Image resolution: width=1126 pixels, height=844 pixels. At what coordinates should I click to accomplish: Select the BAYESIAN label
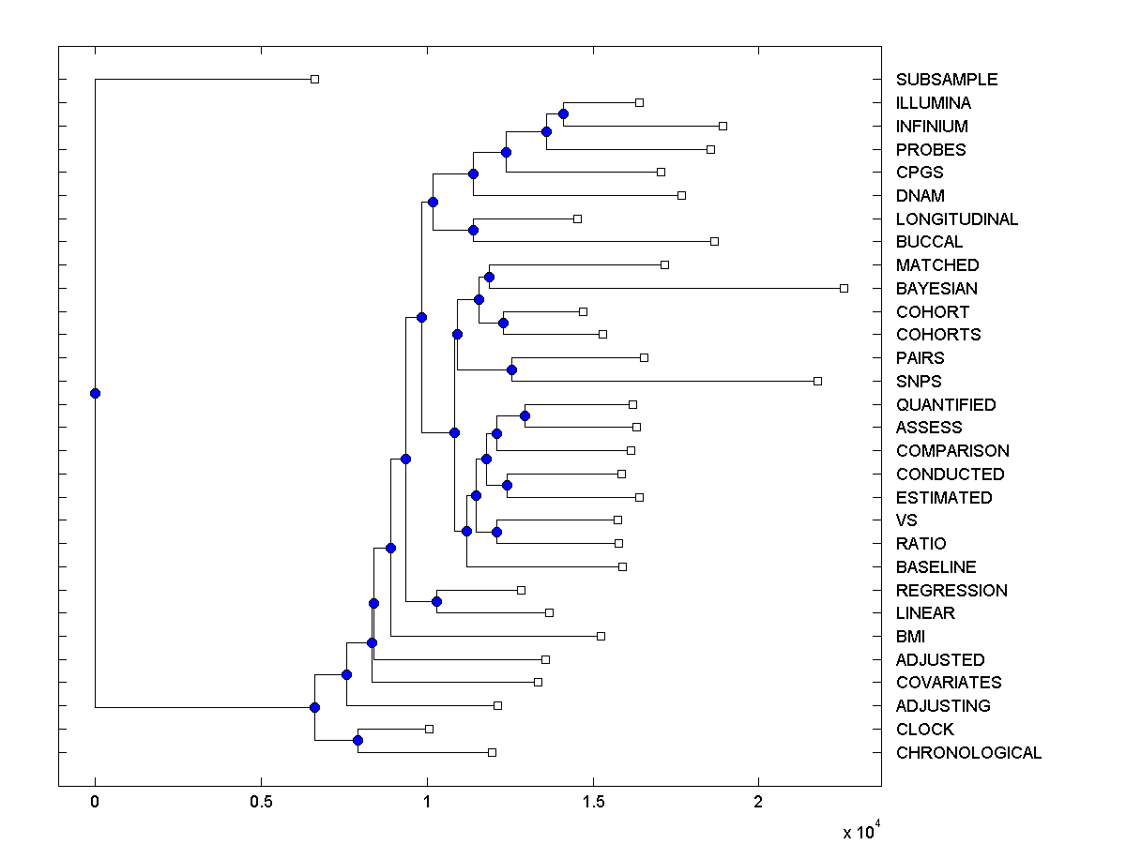tap(936, 289)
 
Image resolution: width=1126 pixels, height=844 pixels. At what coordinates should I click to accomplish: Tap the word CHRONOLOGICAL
tap(968, 753)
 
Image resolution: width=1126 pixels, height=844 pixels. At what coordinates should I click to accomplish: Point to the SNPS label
tap(919, 382)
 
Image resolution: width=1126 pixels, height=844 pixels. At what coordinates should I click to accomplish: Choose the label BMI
tap(910, 637)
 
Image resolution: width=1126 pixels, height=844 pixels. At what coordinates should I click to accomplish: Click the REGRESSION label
tap(951, 591)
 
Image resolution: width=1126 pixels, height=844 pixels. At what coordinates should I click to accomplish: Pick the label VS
tap(906, 520)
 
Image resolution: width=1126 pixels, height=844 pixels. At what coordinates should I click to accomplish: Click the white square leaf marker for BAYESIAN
tap(844, 288)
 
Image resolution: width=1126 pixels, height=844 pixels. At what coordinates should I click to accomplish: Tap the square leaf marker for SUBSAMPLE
tap(315, 79)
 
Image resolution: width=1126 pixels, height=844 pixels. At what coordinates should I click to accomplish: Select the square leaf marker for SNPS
tap(817, 381)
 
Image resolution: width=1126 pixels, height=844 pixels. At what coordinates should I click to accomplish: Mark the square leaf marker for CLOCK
tap(429, 729)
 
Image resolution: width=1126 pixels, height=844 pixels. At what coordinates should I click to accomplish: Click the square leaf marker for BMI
tap(601, 636)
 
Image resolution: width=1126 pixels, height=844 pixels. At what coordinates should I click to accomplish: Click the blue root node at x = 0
tap(95, 393)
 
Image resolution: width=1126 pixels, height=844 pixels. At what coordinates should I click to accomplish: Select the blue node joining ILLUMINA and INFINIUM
tap(563, 113)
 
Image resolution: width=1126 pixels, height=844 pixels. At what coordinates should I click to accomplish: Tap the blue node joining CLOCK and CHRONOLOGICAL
tap(358, 740)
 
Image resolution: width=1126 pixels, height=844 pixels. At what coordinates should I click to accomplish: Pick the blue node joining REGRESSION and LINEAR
tap(436, 601)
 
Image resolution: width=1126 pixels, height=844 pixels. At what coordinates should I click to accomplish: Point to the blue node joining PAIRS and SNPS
tap(511, 369)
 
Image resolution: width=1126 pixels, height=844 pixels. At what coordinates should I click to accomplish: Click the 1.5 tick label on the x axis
tap(593, 803)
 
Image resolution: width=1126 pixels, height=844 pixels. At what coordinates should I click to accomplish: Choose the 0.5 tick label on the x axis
tap(261, 803)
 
